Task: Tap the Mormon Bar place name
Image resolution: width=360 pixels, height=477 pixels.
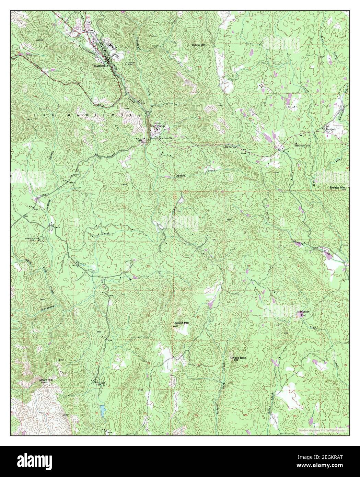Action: pyautogui.click(x=166, y=138)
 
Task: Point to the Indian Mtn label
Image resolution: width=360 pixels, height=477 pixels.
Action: pyautogui.click(x=198, y=45)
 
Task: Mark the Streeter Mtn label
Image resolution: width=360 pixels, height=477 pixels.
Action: pyautogui.click(x=338, y=188)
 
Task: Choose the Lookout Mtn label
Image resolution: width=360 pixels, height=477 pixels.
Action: pyautogui.click(x=181, y=323)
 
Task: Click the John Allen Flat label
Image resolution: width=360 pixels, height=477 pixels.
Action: pyautogui.click(x=303, y=314)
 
